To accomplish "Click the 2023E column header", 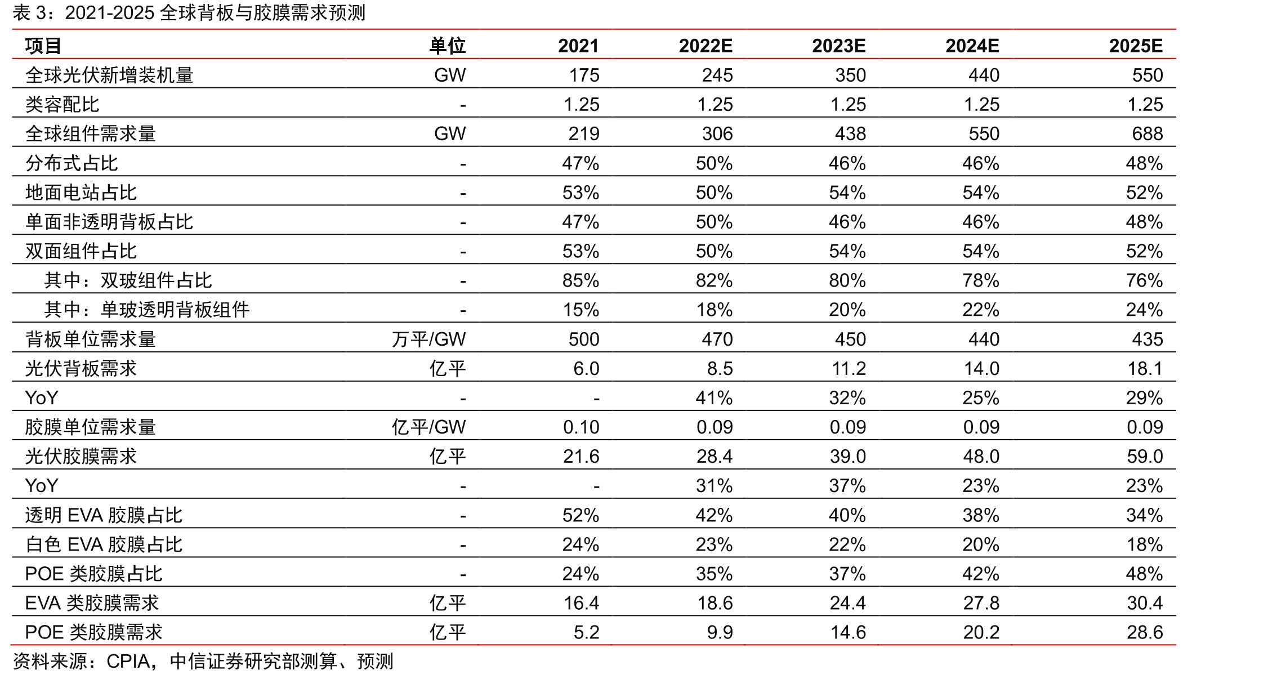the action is tap(838, 46).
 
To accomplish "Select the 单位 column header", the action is tap(448, 46).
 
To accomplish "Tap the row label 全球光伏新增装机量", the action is tap(109, 75).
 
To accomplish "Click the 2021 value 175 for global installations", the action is tap(584, 75).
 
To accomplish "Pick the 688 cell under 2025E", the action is tap(1147, 133).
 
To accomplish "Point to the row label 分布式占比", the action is tap(72, 163).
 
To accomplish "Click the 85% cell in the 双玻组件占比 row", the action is tap(581, 280).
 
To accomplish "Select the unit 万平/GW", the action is tap(429, 339).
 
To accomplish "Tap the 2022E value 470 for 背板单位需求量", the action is tap(717, 339).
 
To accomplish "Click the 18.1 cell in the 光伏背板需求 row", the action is tap(1145, 368).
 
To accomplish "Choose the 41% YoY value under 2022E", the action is tap(714, 398).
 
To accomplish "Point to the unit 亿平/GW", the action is tap(429, 427).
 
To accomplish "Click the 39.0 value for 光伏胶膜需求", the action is tap(848, 456).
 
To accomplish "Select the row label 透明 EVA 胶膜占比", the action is tap(104, 515).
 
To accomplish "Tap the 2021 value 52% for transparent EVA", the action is tap(581, 515).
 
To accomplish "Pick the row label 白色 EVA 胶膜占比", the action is tap(104, 544).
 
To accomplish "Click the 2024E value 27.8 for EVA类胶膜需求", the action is tap(981, 603).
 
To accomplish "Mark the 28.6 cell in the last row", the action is tap(1145, 632).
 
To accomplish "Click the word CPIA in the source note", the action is tap(128, 662).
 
